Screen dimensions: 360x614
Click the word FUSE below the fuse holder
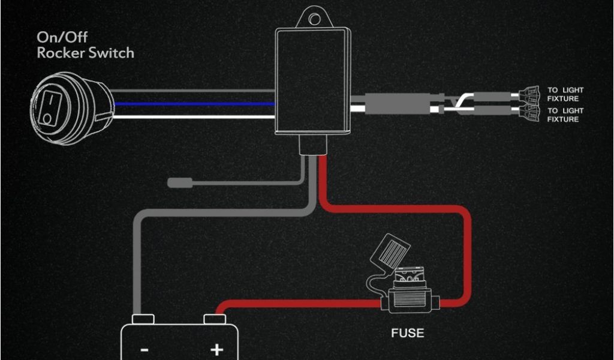pos(408,332)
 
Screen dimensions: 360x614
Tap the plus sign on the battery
pos(216,349)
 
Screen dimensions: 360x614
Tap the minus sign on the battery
pos(145,349)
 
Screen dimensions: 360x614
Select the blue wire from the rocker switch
pos(192,103)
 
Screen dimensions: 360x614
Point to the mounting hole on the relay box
pos(314,19)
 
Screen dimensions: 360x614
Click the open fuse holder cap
pos(394,251)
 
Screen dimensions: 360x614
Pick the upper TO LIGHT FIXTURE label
pos(565,94)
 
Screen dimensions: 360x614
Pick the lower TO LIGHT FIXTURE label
pos(565,115)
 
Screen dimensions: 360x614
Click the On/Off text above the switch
pos(61,37)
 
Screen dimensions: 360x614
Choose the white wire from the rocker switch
pos(192,116)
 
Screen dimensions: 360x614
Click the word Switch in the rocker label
pos(112,53)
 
